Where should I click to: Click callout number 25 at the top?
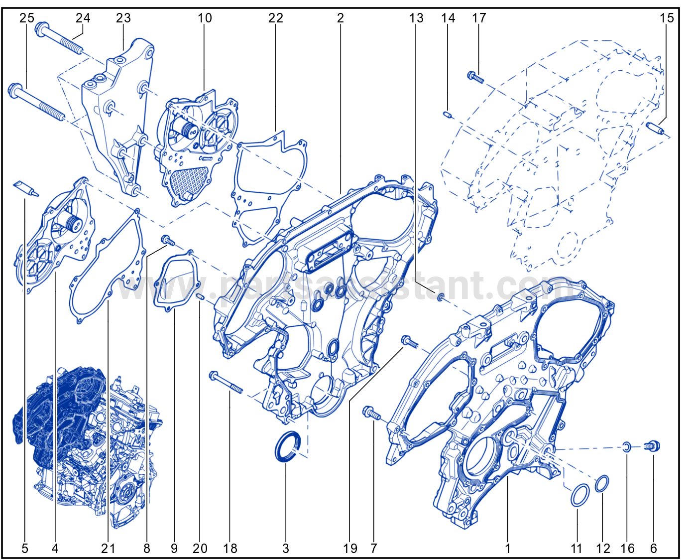pyautogui.click(x=27, y=18)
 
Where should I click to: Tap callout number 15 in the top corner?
pyautogui.click(x=667, y=18)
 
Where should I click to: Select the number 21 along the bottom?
pyautogui.click(x=108, y=548)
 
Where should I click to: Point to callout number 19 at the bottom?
pyautogui.click(x=350, y=548)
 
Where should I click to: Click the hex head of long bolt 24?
pyautogui.click(x=42, y=29)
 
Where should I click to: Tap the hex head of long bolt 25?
pyautogui.click(x=15, y=90)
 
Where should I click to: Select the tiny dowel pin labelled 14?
pyautogui.click(x=447, y=115)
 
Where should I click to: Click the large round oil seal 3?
pyautogui.click(x=287, y=446)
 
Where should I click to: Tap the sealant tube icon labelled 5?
pyautogui.click(x=26, y=189)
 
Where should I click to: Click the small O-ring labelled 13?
pyautogui.click(x=440, y=297)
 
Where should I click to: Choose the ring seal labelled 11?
pyautogui.click(x=579, y=495)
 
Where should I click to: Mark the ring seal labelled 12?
pyautogui.click(x=602, y=484)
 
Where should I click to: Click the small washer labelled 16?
pyautogui.click(x=626, y=447)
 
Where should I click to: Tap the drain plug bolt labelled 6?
pyautogui.click(x=652, y=446)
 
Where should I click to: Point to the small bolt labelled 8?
pyautogui.click(x=168, y=240)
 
